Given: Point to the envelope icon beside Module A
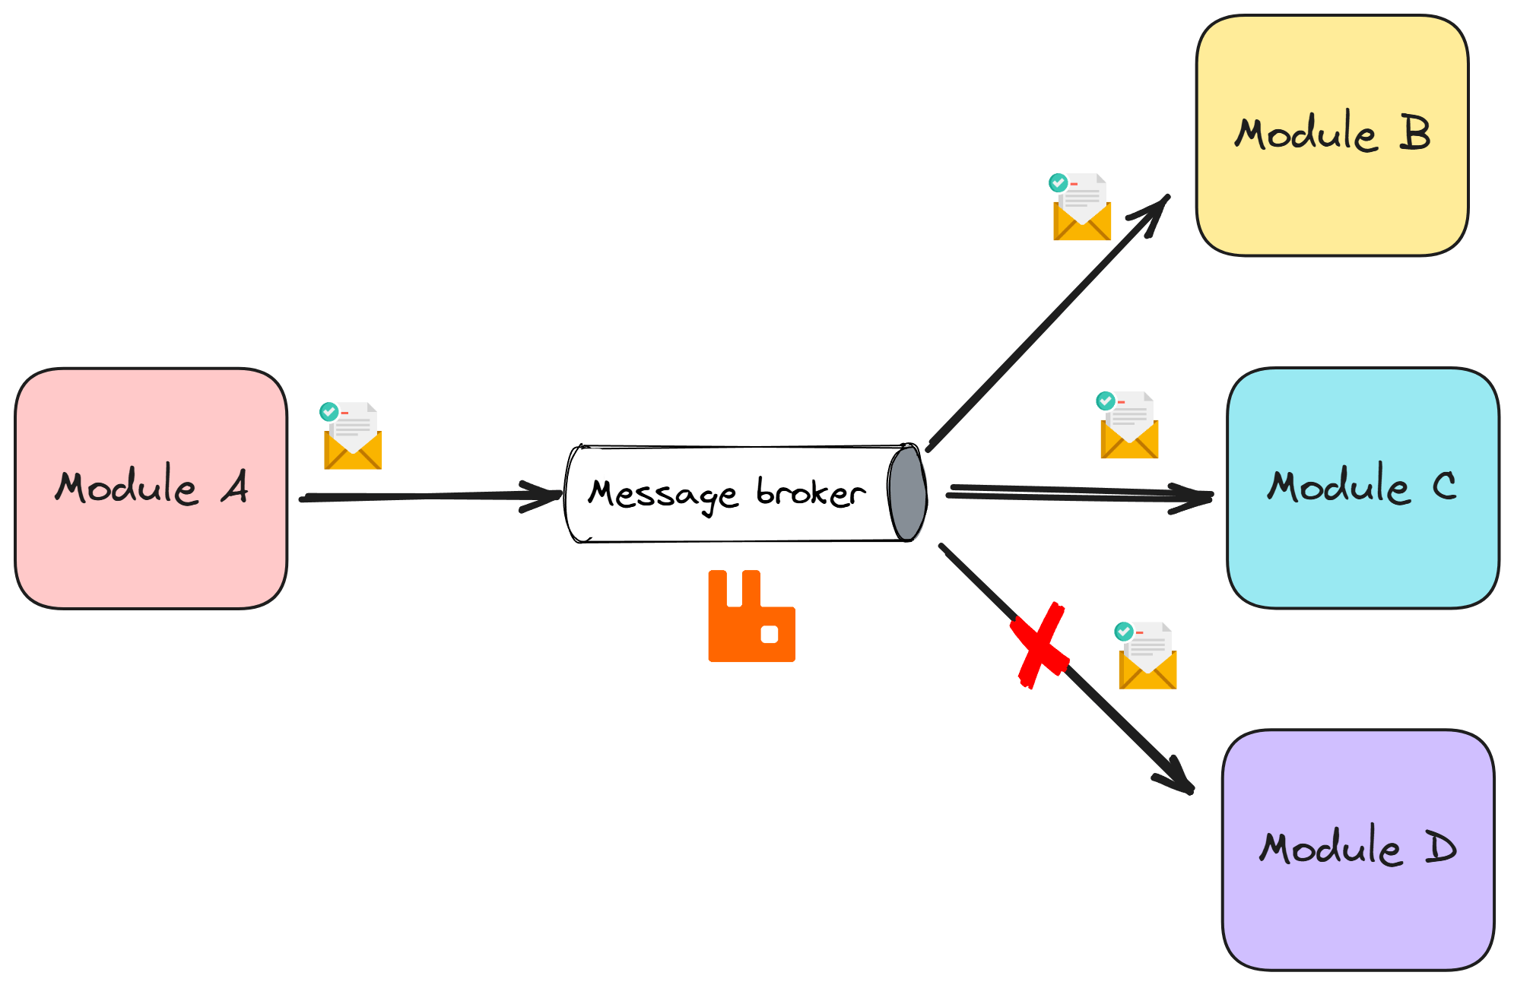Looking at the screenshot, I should point(352,436).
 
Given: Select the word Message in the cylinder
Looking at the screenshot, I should point(662,495).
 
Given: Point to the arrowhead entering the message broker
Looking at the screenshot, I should point(546,496).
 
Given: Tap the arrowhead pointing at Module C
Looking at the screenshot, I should point(1195,498).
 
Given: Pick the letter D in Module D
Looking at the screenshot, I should point(1440,847).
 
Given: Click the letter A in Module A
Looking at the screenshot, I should point(235,486).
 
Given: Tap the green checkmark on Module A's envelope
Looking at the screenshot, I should point(329,412).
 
